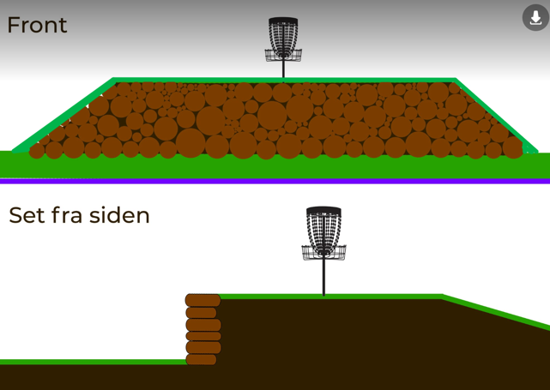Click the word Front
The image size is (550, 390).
tap(37, 25)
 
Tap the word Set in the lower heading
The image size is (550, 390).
tap(26, 215)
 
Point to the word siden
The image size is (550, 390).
tap(123, 215)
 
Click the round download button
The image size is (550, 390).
tap(535, 17)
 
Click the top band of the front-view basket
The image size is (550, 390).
tap(283, 21)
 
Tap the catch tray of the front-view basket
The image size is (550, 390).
tap(283, 55)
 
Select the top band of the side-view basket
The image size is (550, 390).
tap(323, 211)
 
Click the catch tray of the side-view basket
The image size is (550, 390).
tap(323, 252)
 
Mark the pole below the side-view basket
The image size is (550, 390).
tap(323, 278)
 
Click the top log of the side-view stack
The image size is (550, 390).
tap(203, 301)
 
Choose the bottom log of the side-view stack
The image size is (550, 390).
tap(201, 360)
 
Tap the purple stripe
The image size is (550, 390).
tap(275, 181)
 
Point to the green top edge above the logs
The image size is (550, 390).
tap(283, 81)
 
